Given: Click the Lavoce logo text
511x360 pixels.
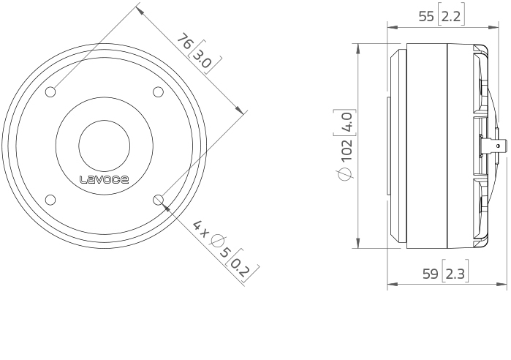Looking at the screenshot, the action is [x=105, y=179].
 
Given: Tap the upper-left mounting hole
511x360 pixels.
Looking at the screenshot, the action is [x=50, y=92].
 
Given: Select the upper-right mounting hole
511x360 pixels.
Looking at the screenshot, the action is [x=159, y=92].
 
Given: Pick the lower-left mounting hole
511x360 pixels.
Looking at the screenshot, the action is [x=50, y=200].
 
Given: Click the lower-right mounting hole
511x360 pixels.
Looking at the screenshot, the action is [x=159, y=200].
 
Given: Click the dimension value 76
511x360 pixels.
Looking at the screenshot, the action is [x=185, y=41].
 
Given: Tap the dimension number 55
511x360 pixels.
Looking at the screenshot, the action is [x=426, y=16].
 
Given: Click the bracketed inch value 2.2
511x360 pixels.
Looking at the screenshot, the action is [x=451, y=16].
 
